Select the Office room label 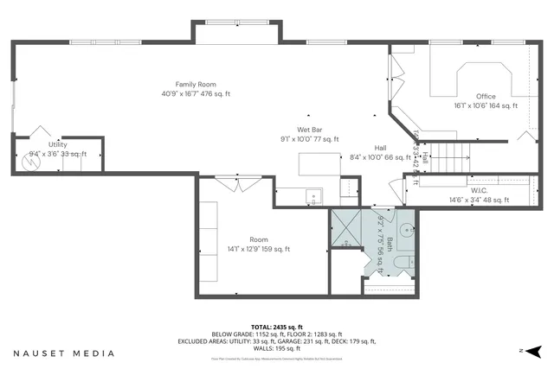[486, 96]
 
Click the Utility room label [58, 144]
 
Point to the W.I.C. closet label [480, 190]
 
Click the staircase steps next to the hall [451, 158]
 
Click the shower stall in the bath [350, 227]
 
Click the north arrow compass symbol [532, 351]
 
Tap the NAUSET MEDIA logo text [62, 353]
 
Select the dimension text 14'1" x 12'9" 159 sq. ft [259, 249]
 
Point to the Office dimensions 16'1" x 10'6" [486, 105]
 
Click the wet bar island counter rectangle [319, 164]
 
